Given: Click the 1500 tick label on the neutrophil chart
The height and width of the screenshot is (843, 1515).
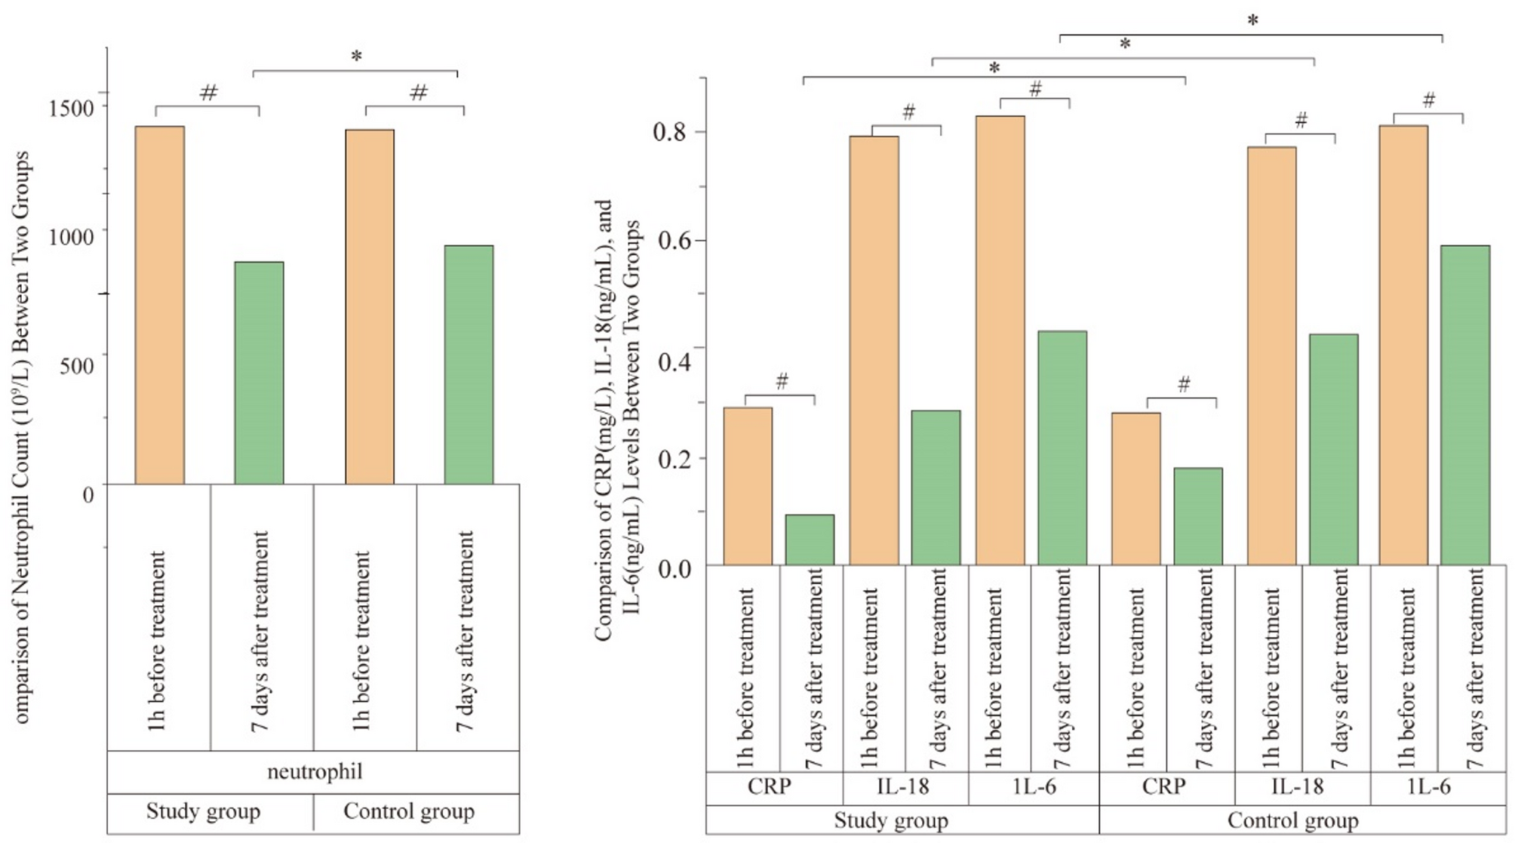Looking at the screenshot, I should [72, 108].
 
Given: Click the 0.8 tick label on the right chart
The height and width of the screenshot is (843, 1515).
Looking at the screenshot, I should [670, 133].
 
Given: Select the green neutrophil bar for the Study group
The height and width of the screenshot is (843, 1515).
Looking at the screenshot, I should [259, 373].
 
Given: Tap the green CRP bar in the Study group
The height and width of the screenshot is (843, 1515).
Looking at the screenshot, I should [810, 540].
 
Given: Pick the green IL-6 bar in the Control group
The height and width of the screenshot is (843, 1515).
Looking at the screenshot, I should [1464, 405].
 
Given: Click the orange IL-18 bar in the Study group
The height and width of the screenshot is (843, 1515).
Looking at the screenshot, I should [874, 350].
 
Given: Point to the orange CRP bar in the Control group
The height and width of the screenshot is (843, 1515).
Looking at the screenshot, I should [1135, 488].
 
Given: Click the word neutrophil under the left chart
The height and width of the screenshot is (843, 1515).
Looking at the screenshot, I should [315, 771].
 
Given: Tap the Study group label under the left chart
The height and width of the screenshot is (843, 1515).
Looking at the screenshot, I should [203, 811].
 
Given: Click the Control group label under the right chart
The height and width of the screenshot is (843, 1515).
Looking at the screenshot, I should [1292, 820].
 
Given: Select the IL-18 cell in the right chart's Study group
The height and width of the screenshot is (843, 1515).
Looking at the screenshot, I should [902, 786].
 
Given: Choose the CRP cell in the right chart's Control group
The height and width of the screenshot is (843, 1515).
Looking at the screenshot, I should [1163, 786].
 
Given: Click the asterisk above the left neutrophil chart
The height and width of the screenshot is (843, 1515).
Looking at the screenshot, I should [356, 57].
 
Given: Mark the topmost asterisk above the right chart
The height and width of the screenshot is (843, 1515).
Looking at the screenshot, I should [1252, 21].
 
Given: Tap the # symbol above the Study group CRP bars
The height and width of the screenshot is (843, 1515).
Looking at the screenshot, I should [782, 381].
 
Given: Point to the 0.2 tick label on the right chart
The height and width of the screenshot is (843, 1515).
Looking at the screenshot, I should [674, 460].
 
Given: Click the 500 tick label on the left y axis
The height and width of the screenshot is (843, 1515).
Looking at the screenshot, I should [77, 366].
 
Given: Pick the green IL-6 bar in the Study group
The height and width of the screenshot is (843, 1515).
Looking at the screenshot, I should [1062, 448].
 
